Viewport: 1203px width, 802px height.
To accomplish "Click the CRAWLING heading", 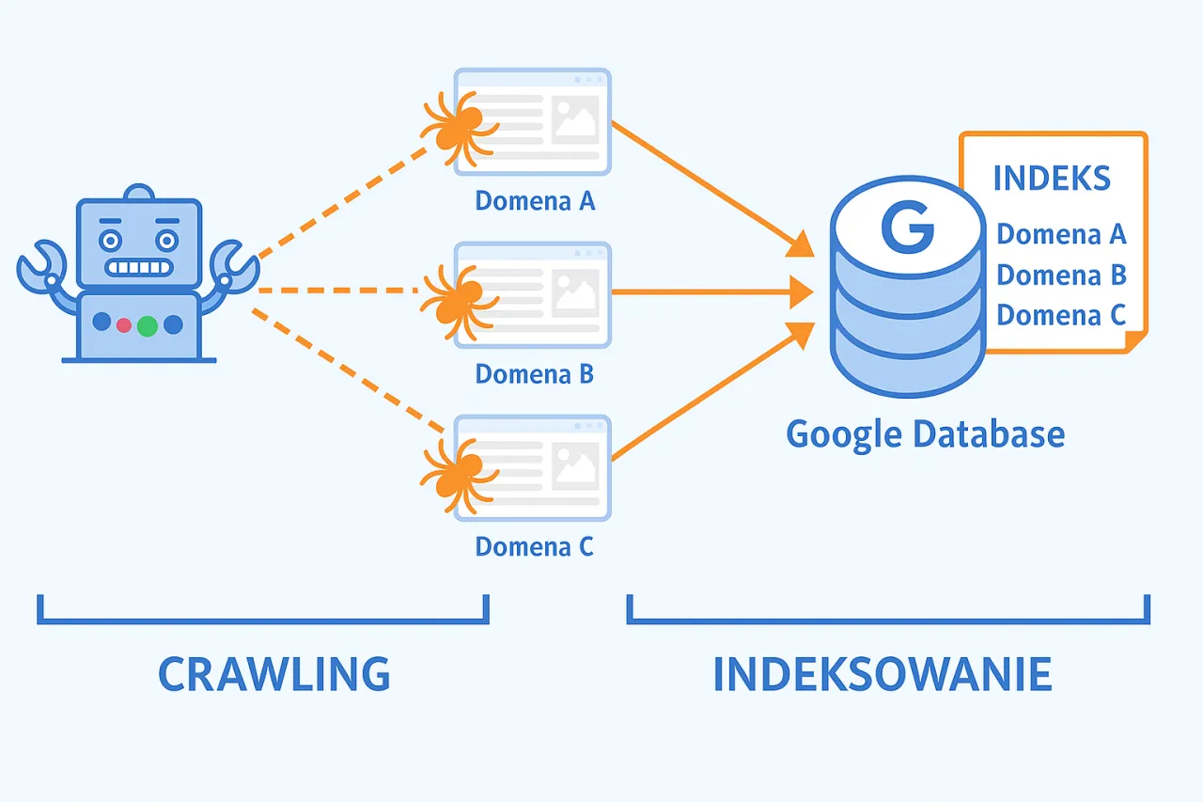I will click(273, 674).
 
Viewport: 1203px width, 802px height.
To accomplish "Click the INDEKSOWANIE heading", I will click(882, 674).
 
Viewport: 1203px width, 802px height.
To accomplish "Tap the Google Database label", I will click(925, 434).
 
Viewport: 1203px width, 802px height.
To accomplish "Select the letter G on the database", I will click(907, 229).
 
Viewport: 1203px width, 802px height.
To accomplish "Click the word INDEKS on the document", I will click(1052, 178).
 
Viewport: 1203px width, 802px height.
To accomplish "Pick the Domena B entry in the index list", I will click(1061, 275).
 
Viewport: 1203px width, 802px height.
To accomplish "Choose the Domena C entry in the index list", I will click(1061, 315).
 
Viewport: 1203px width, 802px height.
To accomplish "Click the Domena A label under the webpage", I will click(535, 201).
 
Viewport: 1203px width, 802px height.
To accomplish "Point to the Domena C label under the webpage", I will click(535, 546).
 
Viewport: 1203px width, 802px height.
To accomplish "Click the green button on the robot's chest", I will click(148, 325).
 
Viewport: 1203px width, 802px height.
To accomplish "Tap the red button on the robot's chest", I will click(123, 324).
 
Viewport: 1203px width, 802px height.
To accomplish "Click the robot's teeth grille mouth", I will click(139, 267).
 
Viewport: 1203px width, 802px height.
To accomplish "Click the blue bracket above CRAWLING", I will click(263, 619).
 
